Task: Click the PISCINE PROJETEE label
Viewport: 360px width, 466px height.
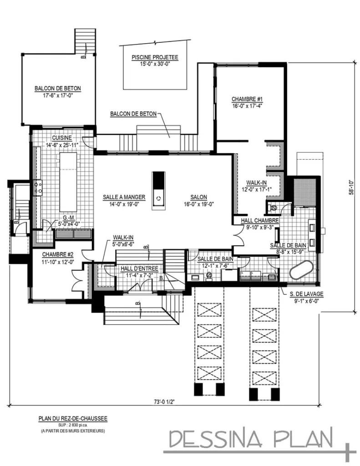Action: tap(155, 57)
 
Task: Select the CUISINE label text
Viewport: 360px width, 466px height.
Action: tap(61, 138)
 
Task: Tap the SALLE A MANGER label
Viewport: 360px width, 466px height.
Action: tap(124, 197)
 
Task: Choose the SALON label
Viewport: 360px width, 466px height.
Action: tap(199, 197)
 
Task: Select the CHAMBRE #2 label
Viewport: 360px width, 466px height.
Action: tap(57, 255)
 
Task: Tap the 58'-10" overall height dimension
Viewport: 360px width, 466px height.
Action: tap(352, 187)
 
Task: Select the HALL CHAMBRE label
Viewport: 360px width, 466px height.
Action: tap(259, 221)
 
